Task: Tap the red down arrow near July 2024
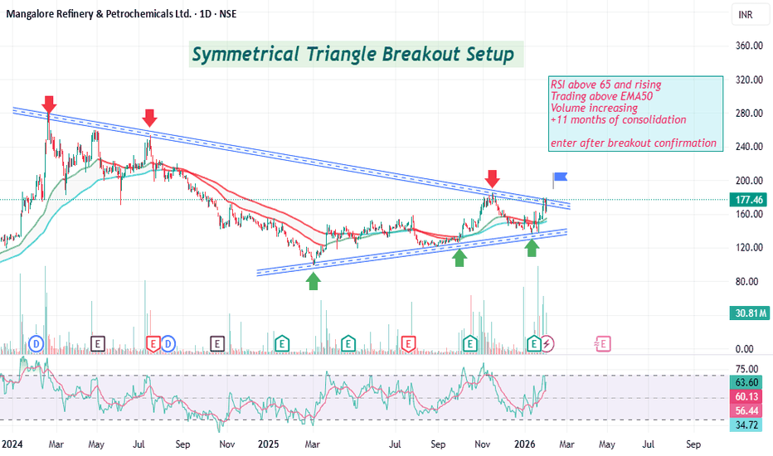[149, 118]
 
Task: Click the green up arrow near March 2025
[314, 281]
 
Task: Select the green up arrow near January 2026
[532, 246]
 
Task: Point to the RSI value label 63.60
[746, 383]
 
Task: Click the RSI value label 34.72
[746, 424]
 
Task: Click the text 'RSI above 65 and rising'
[605, 85]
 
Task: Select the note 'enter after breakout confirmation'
[633, 143]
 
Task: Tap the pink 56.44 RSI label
[746, 410]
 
